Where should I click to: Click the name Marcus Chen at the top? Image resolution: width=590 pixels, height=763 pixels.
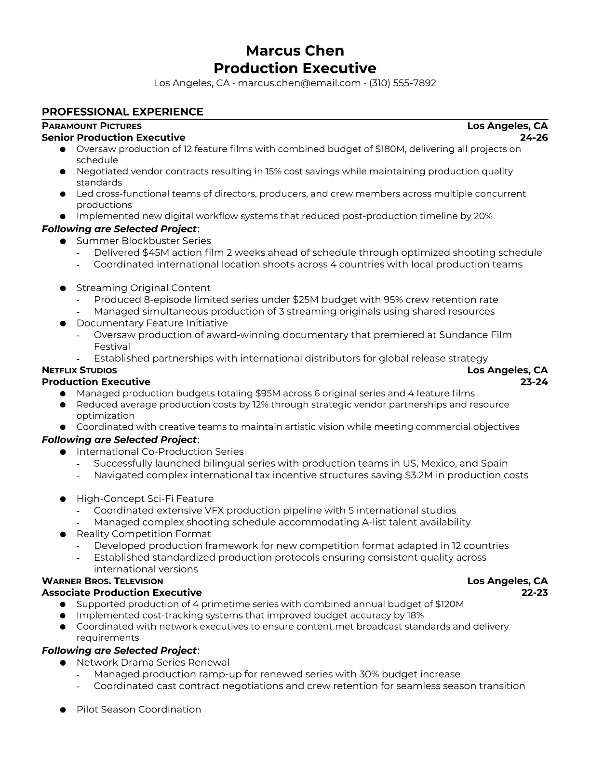[x=295, y=51]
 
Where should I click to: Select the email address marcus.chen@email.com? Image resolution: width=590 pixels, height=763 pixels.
[x=299, y=83]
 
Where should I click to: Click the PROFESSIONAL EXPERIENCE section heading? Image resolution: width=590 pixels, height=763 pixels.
[x=122, y=112]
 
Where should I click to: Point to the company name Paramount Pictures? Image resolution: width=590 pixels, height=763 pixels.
[x=92, y=126]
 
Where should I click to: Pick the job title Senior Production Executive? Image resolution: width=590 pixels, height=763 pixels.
[x=113, y=138]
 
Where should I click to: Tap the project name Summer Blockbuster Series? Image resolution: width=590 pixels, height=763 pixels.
[x=144, y=241]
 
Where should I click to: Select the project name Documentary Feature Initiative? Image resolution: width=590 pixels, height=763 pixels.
[x=152, y=323]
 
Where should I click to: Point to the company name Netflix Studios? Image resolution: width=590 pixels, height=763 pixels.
[x=80, y=370]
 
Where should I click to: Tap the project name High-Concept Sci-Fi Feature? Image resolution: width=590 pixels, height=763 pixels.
[x=145, y=499]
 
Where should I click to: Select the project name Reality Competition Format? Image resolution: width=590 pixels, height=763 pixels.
[x=144, y=534]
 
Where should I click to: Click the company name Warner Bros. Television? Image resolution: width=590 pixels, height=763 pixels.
[x=102, y=581]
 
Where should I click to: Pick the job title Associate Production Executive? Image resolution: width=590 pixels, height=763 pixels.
[x=121, y=593]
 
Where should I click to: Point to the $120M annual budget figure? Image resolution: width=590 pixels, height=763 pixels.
[x=449, y=604]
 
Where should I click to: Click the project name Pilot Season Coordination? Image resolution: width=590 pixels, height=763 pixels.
[x=138, y=710]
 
